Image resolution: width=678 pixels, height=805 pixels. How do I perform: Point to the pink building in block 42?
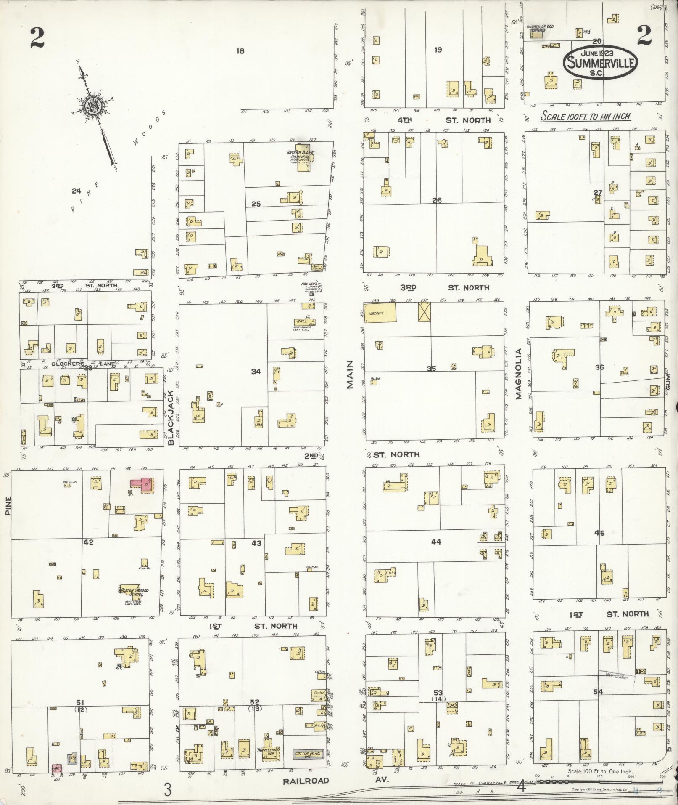[142, 484]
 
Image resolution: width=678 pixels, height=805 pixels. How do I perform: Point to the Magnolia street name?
[518, 374]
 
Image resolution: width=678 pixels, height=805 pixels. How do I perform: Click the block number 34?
[256, 371]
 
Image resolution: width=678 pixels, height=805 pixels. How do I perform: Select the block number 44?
[436, 542]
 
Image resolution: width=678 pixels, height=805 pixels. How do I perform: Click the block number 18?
[240, 51]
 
